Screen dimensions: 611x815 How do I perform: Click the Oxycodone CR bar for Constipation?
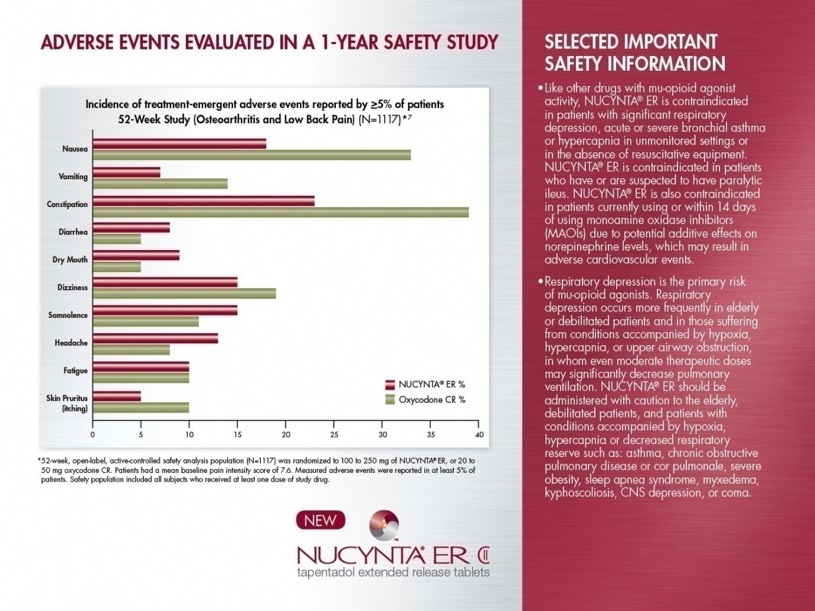click(280, 212)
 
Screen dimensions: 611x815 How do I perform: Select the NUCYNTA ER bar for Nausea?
click(179, 144)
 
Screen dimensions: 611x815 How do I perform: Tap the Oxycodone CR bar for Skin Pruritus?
click(140, 408)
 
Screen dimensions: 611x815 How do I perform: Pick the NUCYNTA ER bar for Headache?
click(155, 339)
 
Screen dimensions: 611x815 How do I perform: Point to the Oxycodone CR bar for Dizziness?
click(184, 294)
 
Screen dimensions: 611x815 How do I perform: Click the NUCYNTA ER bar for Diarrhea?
click(131, 228)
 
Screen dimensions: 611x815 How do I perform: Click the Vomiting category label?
click(73, 176)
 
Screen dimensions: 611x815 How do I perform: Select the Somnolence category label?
click(68, 315)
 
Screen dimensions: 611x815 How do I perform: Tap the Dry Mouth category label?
click(70, 259)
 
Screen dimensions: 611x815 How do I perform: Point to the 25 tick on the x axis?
click(334, 435)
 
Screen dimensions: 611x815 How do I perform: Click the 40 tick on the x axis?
click(479, 435)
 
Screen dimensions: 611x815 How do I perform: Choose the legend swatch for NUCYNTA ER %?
click(390, 385)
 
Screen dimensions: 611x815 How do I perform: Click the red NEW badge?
click(320, 521)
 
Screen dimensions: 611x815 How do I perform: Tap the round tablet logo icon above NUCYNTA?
click(384, 525)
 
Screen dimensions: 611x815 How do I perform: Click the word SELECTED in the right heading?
click(581, 42)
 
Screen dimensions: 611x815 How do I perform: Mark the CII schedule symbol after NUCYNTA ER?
click(482, 556)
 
